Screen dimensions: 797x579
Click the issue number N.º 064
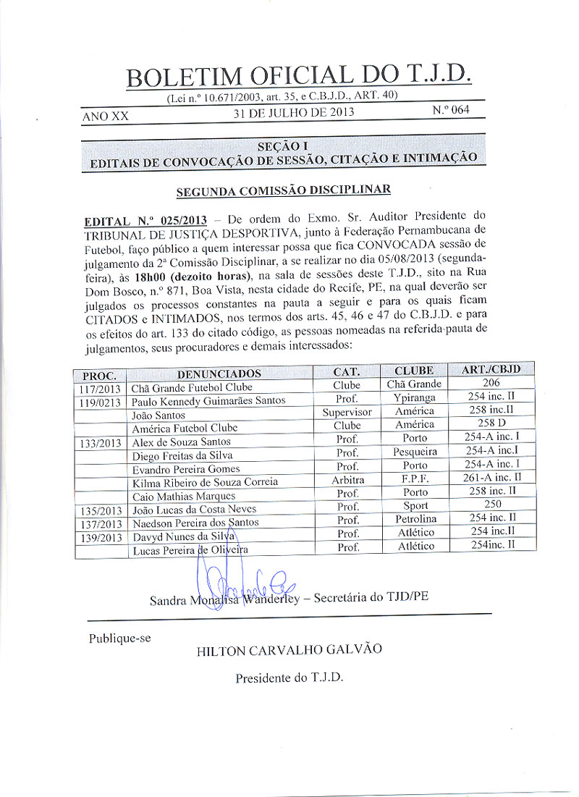[x=450, y=111]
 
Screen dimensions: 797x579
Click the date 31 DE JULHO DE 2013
[x=294, y=114]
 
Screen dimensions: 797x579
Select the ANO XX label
[x=106, y=116]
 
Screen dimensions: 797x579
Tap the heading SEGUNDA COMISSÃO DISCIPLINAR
[x=283, y=190]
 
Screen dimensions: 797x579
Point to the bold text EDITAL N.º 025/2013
[x=145, y=219]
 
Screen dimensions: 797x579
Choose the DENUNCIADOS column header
[x=219, y=374]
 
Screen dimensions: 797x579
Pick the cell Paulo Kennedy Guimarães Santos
[x=208, y=401]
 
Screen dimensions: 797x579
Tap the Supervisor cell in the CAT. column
[x=347, y=412]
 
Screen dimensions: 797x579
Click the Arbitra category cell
[x=347, y=479]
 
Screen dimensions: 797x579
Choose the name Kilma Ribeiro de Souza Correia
[x=205, y=482]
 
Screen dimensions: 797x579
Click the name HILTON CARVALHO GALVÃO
[x=289, y=649]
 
